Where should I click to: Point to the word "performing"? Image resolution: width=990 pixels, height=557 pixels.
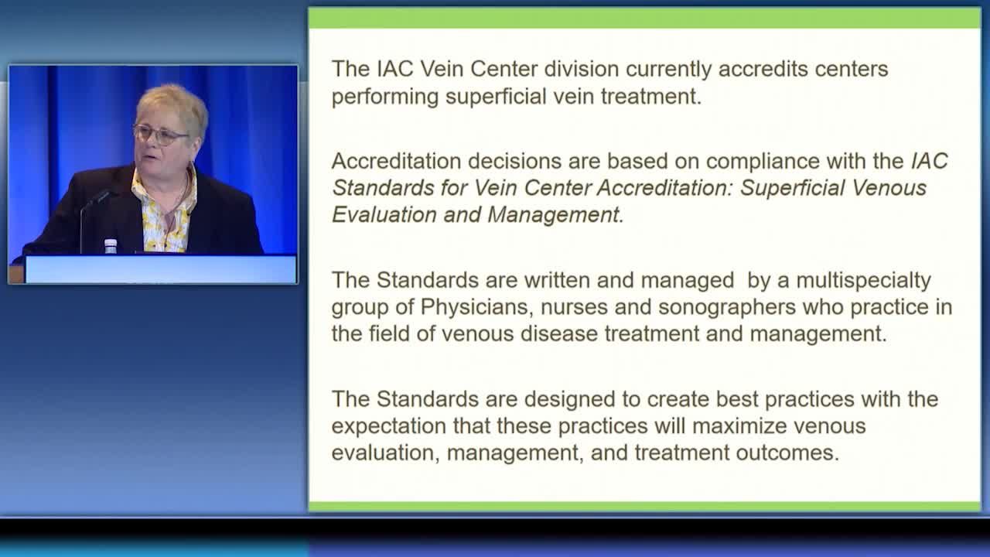(x=385, y=97)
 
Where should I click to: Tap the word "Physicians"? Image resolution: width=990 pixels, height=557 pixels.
(x=474, y=307)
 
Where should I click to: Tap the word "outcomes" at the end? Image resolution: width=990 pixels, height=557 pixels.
(x=787, y=453)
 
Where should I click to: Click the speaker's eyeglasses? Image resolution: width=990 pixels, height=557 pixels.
(x=162, y=135)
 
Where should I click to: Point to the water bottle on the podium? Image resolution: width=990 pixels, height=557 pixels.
(x=111, y=246)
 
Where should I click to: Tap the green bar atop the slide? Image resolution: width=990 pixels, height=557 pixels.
(x=644, y=18)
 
